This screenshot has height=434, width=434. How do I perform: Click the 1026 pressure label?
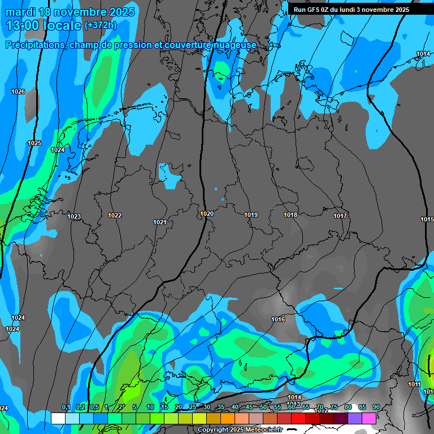click(18, 92)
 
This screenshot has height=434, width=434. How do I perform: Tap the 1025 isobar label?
click(34, 143)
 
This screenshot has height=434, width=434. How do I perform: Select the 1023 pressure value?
click(74, 216)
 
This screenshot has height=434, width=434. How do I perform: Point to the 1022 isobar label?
click(115, 215)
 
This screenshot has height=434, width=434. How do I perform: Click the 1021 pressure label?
click(160, 222)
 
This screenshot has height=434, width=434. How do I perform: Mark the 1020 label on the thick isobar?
click(206, 214)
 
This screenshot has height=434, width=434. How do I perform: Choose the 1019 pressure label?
click(251, 215)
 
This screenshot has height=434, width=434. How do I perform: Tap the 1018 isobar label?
click(290, 215)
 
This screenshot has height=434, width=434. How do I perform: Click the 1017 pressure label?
click(340, 216)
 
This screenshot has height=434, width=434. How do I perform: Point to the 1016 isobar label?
click(278, 319)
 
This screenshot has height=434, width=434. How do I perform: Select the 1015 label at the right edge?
click(427, 219)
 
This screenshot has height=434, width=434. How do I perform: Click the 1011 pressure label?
click(414, 384)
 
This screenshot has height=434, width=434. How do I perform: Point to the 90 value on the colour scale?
click(376, 407)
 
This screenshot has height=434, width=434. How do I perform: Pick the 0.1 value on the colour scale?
click(66, 407)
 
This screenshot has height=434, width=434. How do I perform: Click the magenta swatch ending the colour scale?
click(369, 418)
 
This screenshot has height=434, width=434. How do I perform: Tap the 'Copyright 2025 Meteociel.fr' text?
click(240, 429)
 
